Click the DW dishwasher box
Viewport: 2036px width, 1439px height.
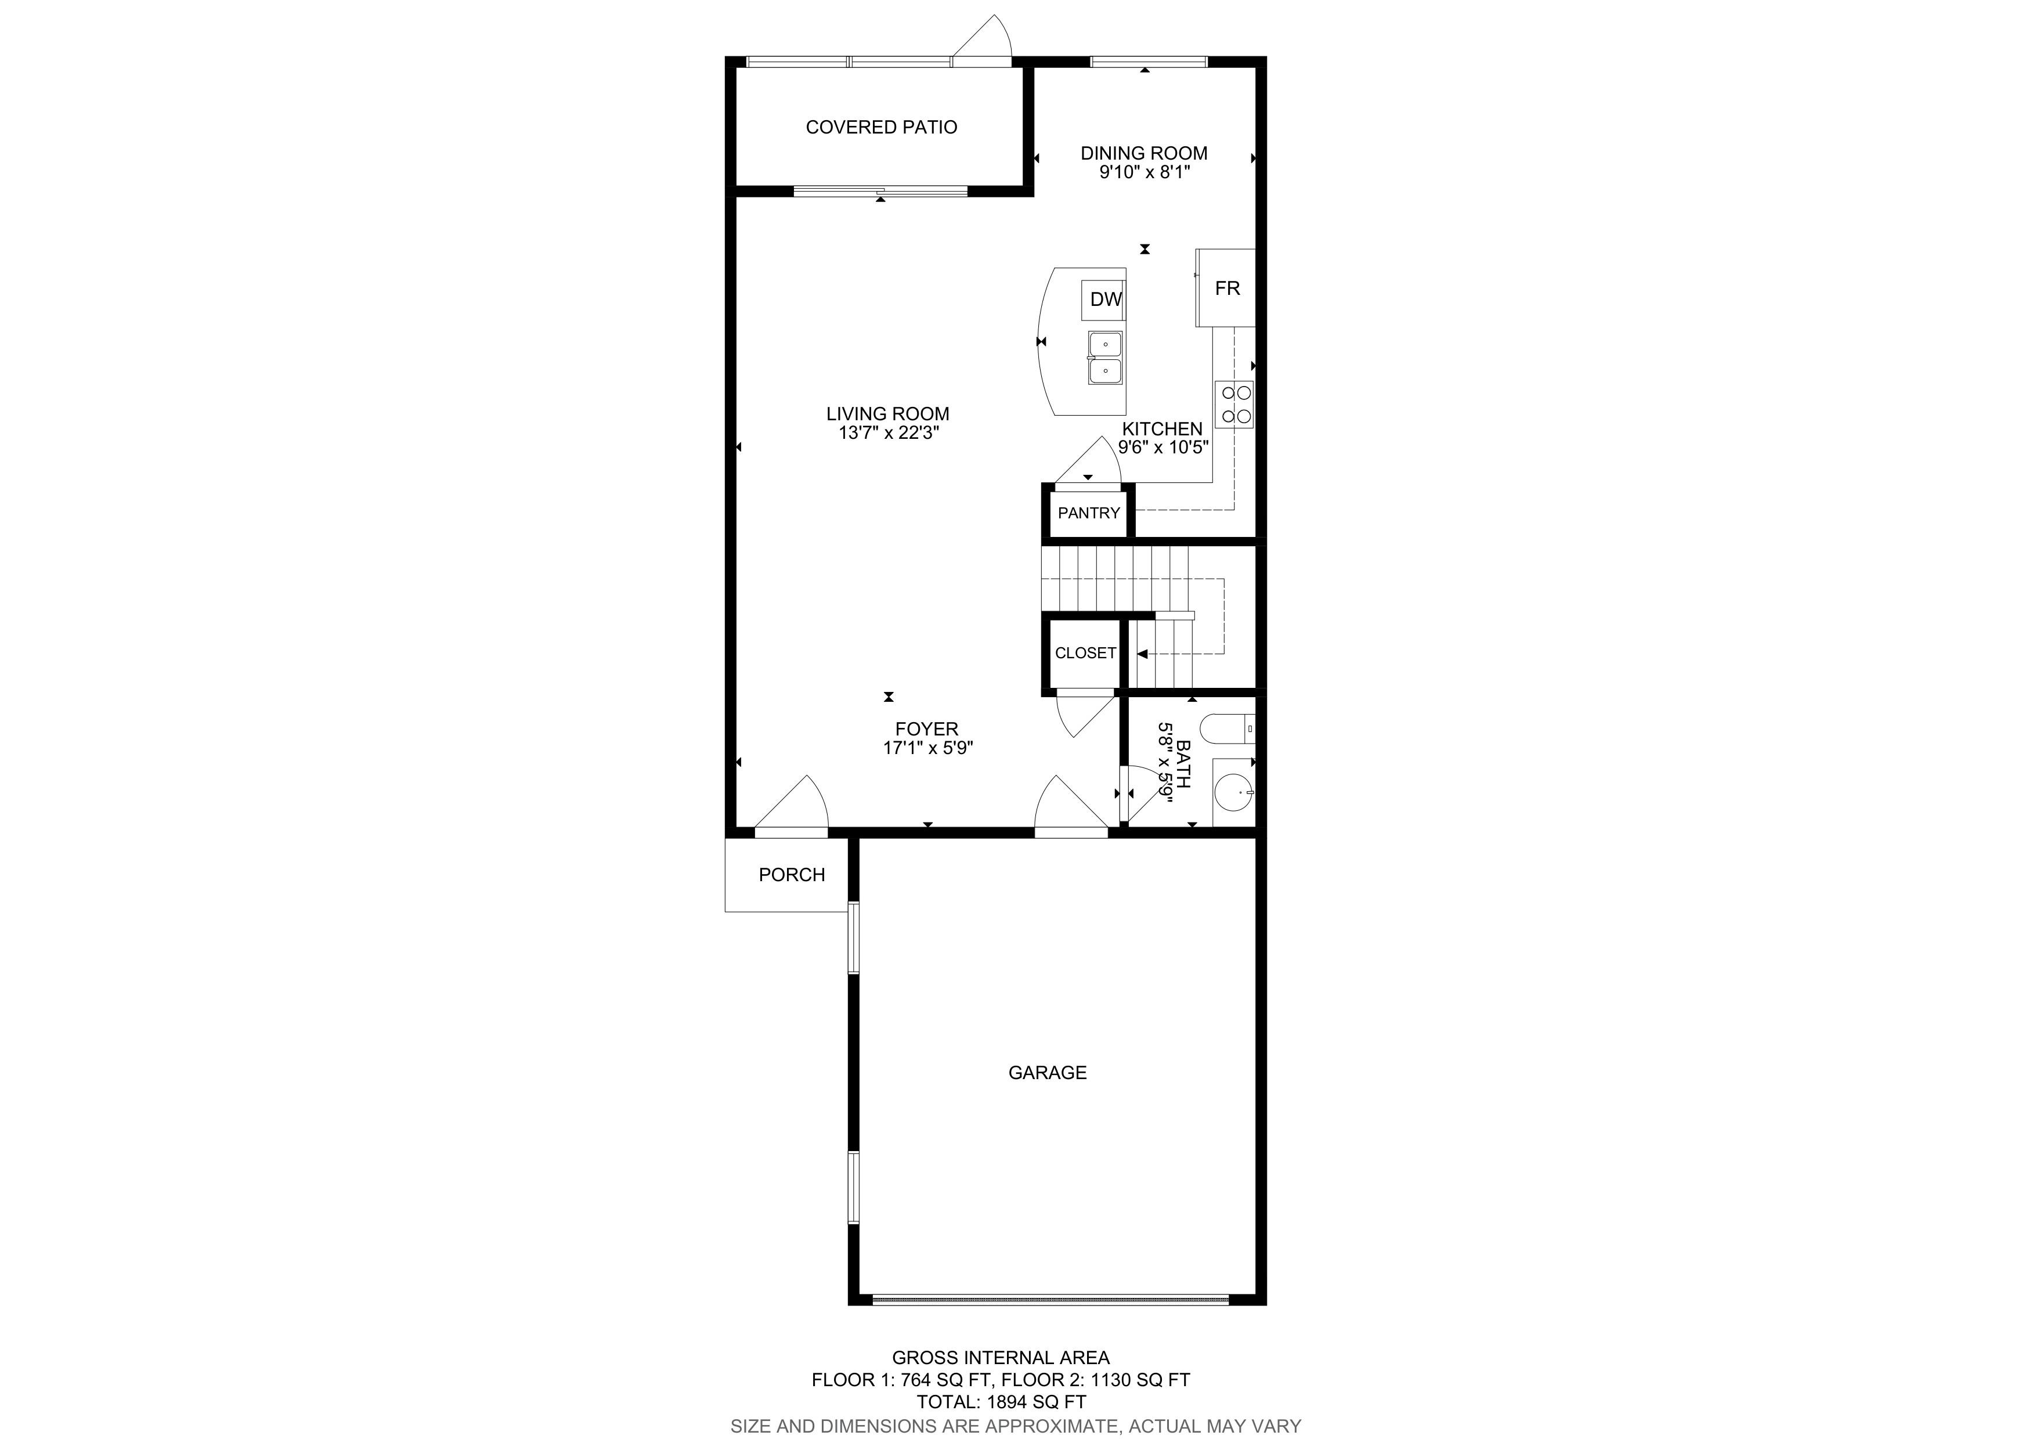coord(1103,300)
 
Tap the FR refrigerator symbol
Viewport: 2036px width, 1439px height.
coord(1226,288)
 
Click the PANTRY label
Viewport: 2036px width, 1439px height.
coord(1089,513)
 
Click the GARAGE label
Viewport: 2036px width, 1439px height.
coord(1047,1073)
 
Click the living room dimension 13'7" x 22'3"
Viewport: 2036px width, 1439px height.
coord(887,432)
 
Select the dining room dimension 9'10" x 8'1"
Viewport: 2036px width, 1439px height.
coord(1144,172)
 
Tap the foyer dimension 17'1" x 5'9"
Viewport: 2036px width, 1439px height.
coord(927,748)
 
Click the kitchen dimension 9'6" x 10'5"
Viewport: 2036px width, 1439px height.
coord(1164,448)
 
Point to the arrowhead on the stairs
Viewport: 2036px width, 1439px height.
coord(1142,654)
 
